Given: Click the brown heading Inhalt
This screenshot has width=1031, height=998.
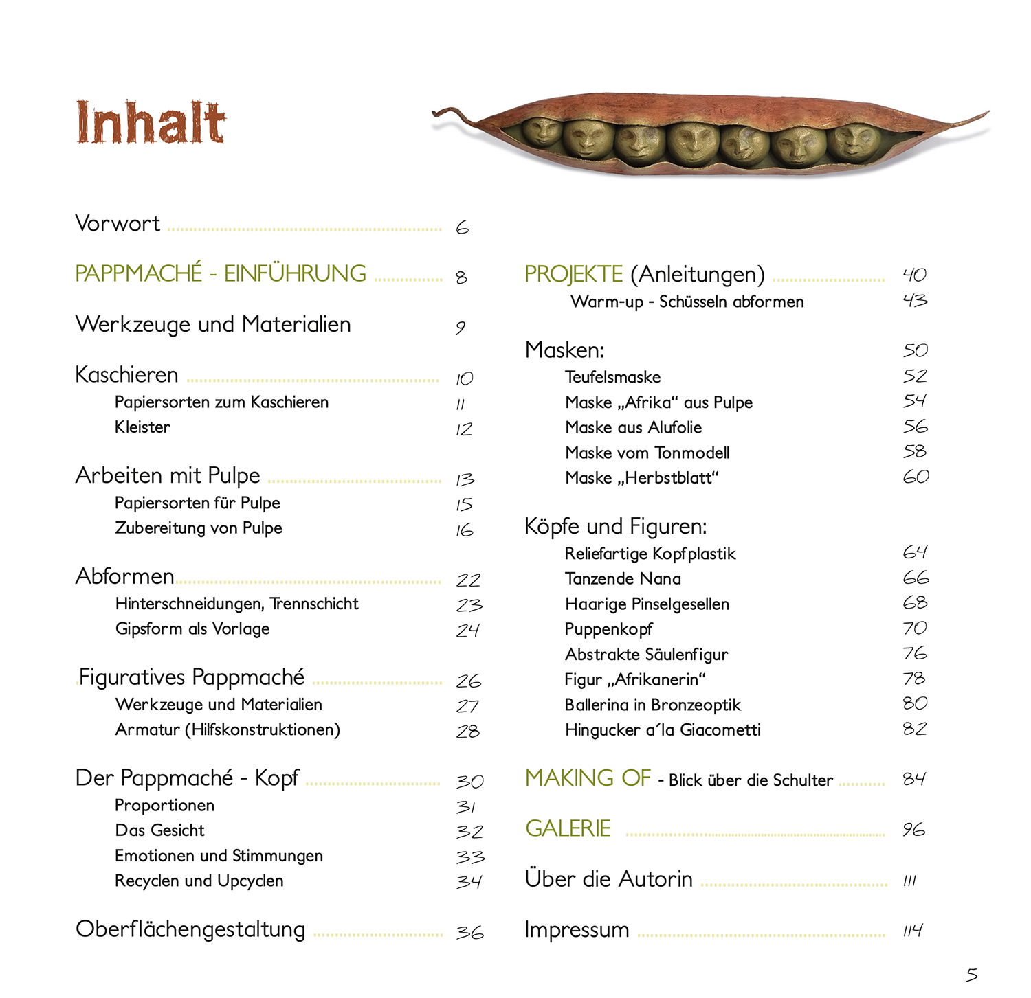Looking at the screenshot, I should click(x=151, y=122).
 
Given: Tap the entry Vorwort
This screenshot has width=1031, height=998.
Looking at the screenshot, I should click(x=118, y=224).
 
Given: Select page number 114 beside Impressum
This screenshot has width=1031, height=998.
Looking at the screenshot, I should click(x=913, y=931).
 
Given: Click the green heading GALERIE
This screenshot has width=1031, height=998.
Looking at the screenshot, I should click(x=568, y=829).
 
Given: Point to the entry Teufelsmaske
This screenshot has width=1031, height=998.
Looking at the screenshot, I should click(x=612, y=377).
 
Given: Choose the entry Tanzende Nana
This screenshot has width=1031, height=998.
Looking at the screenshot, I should click(x=623, y=579).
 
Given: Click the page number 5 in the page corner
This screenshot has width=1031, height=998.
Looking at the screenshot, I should click(x=971, y=974).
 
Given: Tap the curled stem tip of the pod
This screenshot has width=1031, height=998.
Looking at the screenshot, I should click(x=440, y=113).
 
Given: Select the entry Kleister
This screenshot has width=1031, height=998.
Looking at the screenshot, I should click(x=142, y=427).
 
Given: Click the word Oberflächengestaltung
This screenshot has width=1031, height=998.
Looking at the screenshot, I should click(x=190, y=929).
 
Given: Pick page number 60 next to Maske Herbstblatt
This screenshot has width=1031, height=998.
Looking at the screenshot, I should click(x=916, y=477).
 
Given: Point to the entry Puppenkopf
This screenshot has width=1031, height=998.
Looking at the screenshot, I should click(x=608, y=629).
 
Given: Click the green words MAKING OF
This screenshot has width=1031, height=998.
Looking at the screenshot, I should click(x=588, y=778).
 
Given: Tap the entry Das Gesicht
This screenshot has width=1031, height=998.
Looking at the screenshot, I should click(x=159, y=830).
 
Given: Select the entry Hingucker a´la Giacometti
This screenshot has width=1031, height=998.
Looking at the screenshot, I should click(x=663, y=730).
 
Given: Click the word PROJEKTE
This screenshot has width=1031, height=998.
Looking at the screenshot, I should click(x=573, y=275).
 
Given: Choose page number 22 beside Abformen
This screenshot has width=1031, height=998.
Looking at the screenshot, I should click(x=468, y=580).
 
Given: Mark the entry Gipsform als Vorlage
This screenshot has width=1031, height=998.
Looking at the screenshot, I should click(x=192, y=629).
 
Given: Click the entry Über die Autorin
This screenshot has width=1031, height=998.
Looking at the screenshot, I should click(x=608, y=880).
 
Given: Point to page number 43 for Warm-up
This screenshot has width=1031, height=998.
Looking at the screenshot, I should click(x=915, y=300).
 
